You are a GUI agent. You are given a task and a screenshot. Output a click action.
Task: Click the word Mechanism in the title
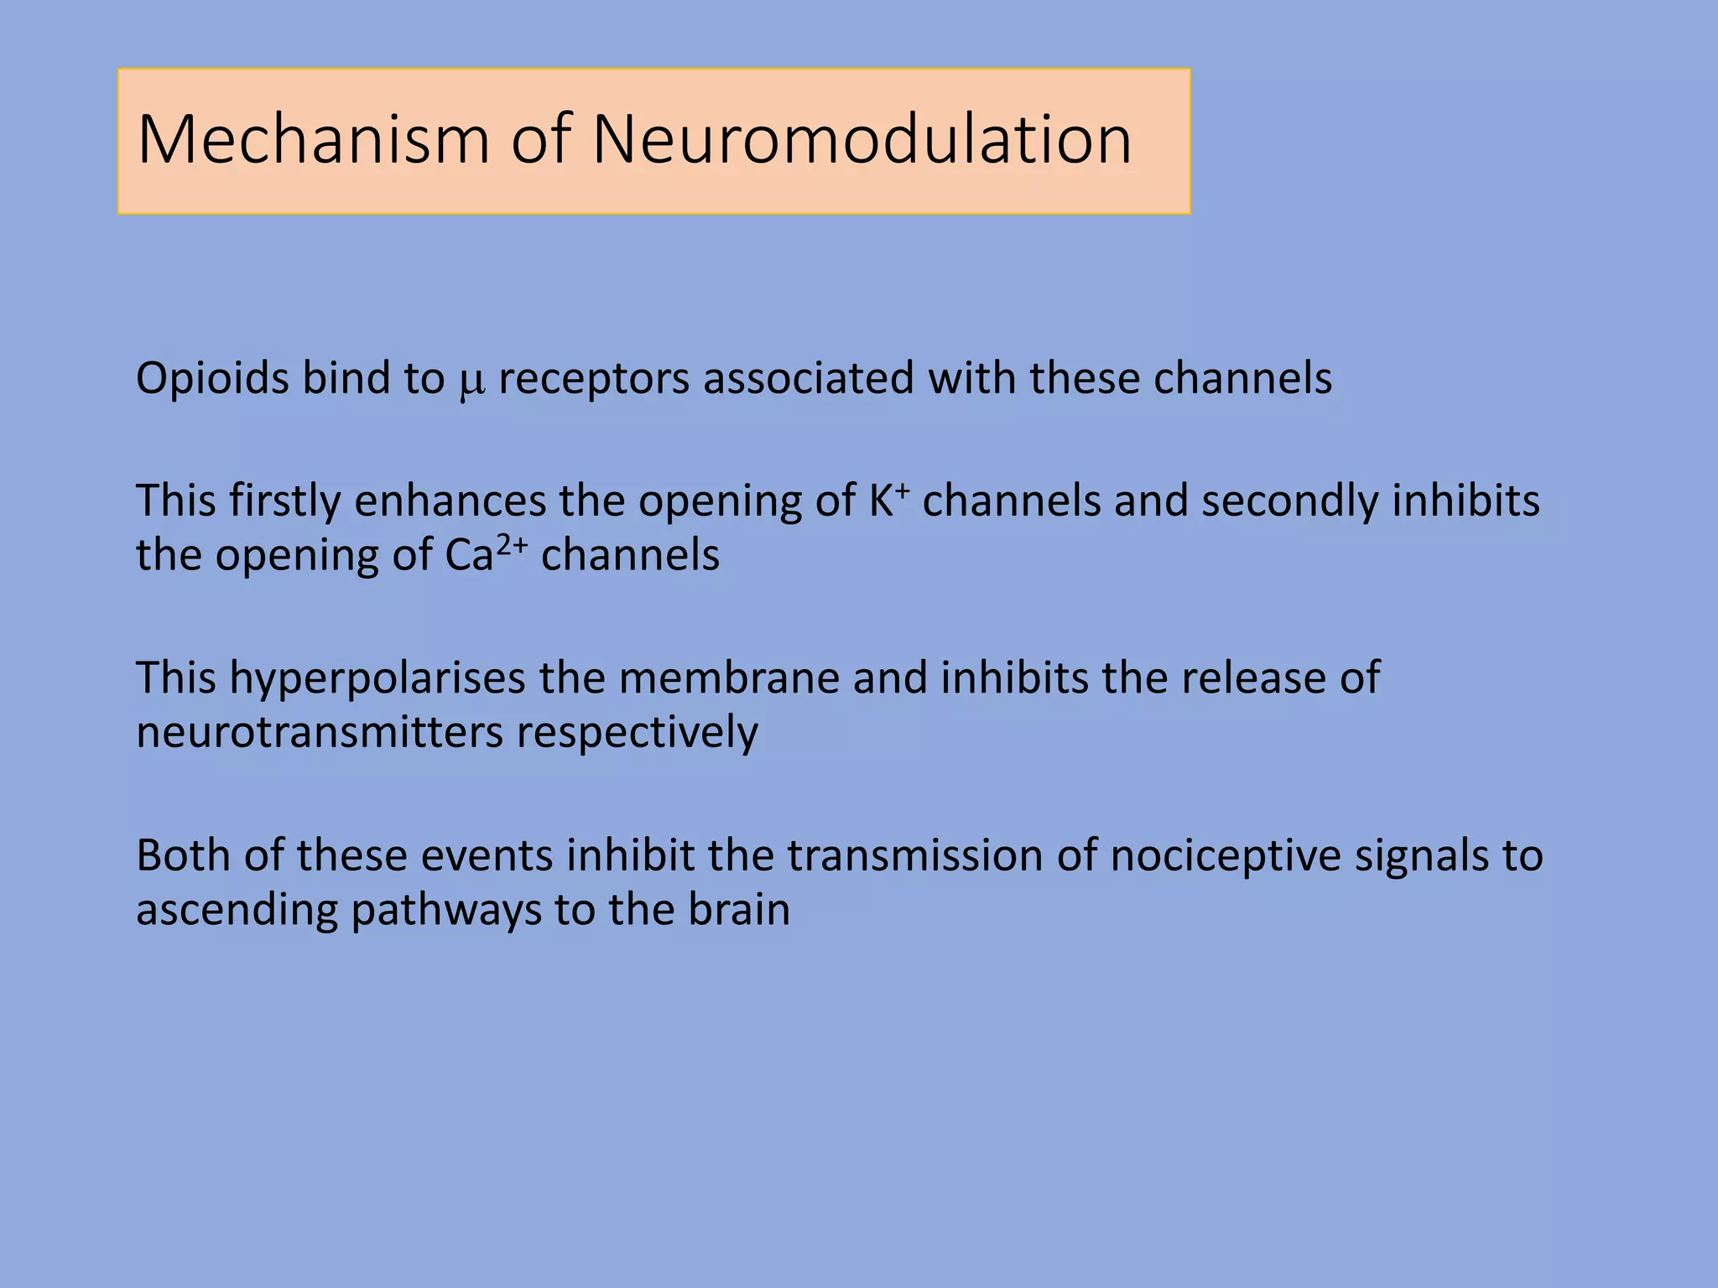[314, 139]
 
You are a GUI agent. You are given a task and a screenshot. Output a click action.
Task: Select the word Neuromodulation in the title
[862, 139]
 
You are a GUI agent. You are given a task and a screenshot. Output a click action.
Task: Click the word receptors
[594, 379]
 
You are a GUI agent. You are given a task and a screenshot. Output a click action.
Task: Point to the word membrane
[729, 678]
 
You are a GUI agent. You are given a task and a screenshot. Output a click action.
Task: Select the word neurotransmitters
[320, 733]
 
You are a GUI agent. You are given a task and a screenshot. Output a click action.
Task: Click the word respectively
[637, 733]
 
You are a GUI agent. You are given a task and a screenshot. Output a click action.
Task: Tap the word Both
[184, 855]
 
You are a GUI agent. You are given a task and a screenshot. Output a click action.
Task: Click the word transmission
[914, 855]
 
